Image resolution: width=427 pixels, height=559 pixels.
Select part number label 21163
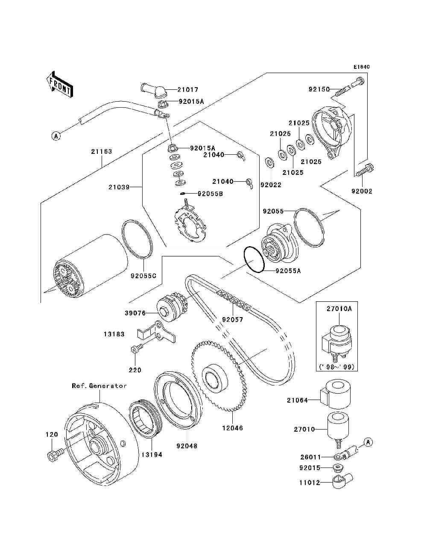(101, 151)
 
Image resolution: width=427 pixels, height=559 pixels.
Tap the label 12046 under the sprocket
(233, 428)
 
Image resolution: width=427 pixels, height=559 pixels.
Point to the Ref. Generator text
(99, 385)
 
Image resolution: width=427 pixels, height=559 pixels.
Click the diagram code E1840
(361, 67)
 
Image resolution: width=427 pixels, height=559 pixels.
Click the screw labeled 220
(136, 350)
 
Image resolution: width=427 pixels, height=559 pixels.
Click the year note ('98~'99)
(337, 367)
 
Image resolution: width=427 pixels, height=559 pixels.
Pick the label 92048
(187, 446)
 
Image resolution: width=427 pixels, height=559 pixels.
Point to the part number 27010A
(339, 309)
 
